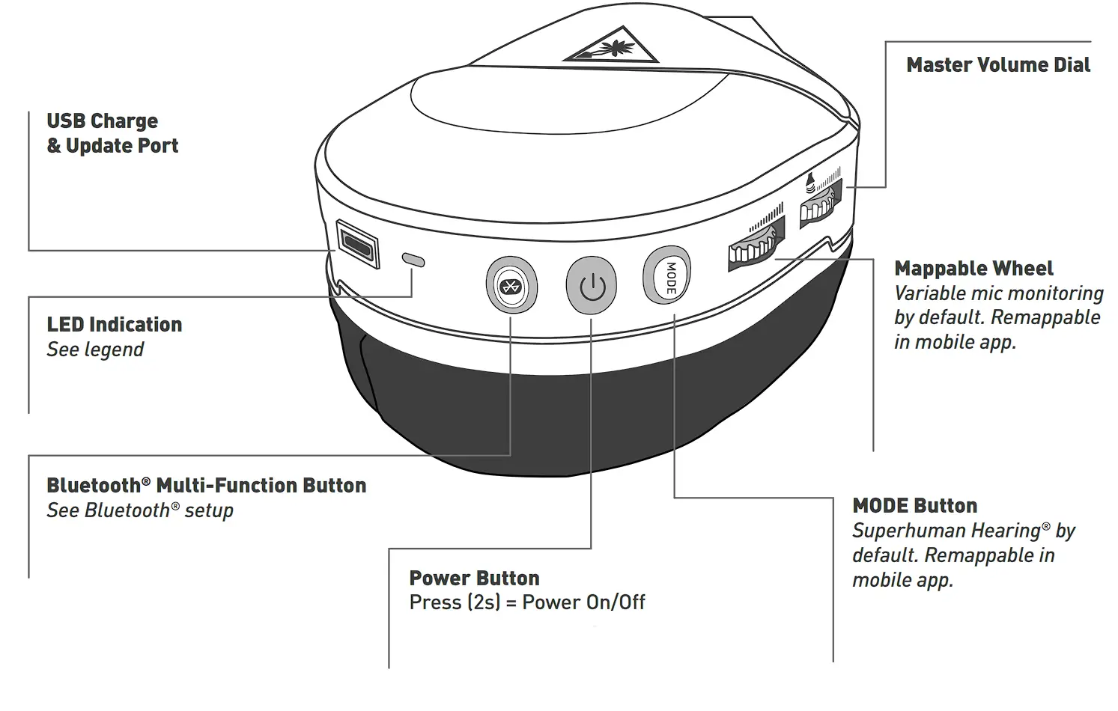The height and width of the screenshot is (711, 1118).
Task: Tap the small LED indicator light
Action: tap(413, 260)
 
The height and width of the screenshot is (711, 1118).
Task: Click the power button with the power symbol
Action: tap(592, 286)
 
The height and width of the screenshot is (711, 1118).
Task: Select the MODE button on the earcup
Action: tap(667, 276)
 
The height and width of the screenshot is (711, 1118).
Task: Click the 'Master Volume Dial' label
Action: tap(997, 65)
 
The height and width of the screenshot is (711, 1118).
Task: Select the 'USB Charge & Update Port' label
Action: tap(112, 133)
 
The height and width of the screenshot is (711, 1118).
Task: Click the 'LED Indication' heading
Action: tap(115, 324)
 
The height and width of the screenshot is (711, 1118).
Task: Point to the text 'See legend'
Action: tap(95, 350)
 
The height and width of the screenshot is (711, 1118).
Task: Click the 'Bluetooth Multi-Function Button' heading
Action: tap(206, 486)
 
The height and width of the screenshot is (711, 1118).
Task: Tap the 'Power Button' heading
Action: tap(474, 578)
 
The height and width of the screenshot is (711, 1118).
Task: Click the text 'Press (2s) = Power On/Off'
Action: tap(526, 602)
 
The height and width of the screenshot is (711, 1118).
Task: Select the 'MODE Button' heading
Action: tap(914, 506)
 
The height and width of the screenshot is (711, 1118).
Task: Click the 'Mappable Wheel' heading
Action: tap(973, 269)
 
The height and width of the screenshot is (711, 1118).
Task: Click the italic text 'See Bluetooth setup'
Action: tap(140, 510)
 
